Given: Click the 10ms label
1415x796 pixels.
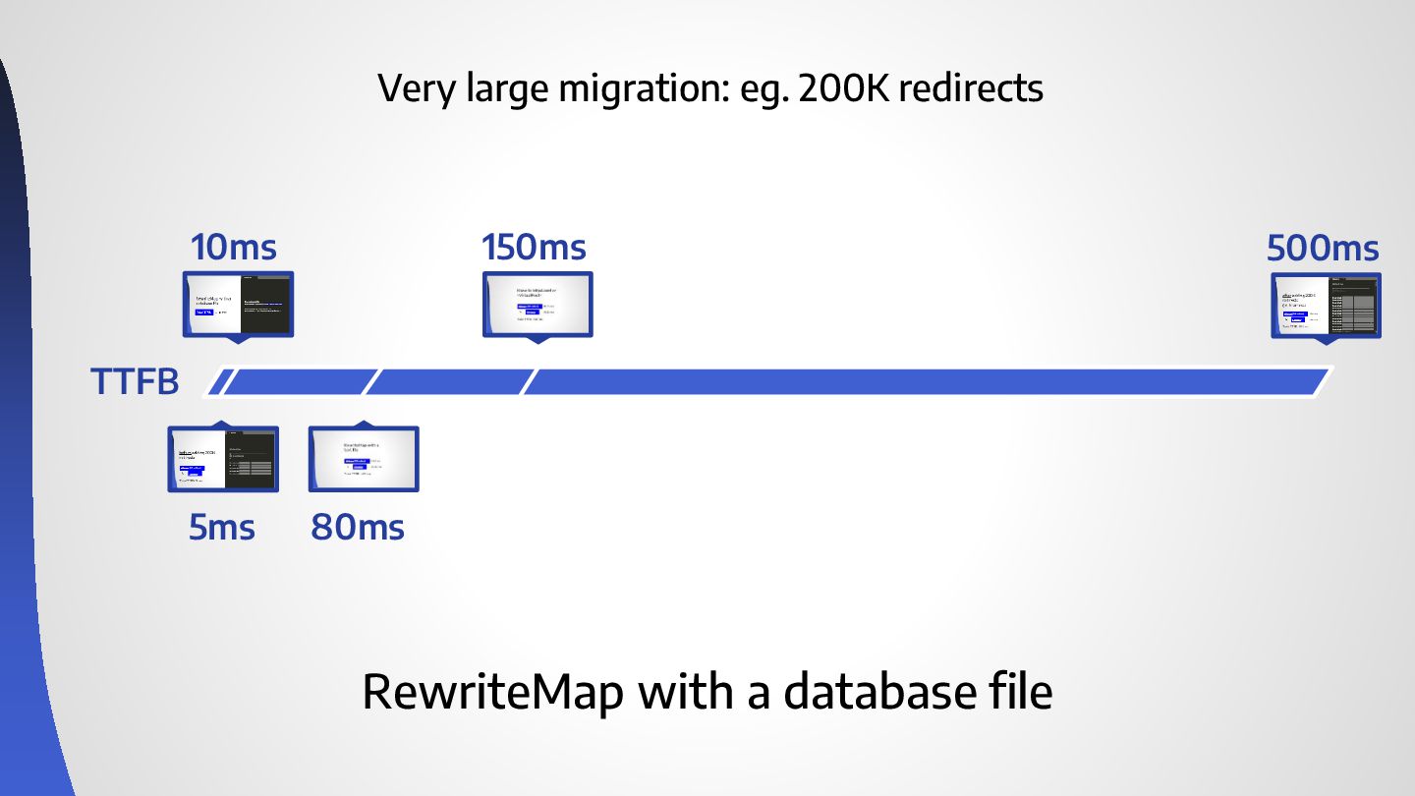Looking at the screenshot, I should [234, 247].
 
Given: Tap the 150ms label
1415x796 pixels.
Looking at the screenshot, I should [534, 247].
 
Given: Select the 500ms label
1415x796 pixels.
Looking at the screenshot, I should [1323, 248].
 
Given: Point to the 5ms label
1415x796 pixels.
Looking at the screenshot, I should [222, 528].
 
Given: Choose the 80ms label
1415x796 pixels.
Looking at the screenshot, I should [358, 528].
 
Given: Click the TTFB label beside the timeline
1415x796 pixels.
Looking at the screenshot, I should [135, 381].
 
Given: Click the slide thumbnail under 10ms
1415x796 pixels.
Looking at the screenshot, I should [239, 305].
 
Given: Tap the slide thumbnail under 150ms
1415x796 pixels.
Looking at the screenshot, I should [538, 305].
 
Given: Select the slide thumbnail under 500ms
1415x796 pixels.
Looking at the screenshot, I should [1326, 305].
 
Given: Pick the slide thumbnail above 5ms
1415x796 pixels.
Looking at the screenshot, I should [223, 459].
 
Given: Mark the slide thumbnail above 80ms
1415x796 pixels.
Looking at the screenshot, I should [364, 459].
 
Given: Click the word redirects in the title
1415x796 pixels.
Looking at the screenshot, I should [971, 89].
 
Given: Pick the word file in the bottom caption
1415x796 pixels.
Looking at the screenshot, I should [1021, 692].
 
